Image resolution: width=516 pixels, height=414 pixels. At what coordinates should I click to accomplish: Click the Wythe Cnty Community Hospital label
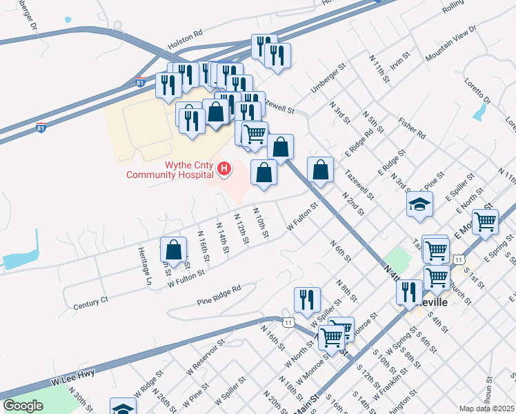pyautogui.click(x=168, y=170)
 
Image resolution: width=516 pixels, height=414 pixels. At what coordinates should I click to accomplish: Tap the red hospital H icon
pyautogui.click(x=224, y=168)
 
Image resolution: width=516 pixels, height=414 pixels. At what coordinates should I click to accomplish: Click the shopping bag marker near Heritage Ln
pyautogui.click(x=173, y=250)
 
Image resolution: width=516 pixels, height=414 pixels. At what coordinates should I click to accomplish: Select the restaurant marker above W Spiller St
pyautogui.click(x=307, y=299)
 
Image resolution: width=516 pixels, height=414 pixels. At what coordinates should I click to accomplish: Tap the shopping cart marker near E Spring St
pyautogui.click(x=486, y=221)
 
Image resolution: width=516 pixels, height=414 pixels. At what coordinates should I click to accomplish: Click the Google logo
pyautogui.click(x=23, y=405)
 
